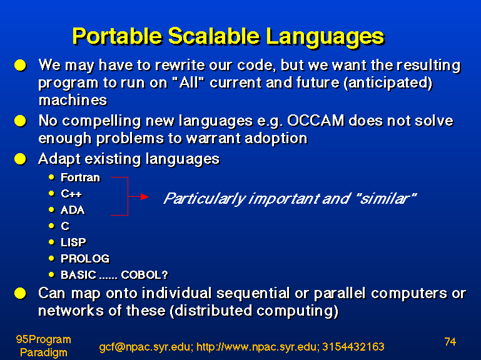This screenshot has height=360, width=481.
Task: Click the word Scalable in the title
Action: tap(214, 36)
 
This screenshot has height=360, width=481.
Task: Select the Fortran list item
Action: tap(80, 177)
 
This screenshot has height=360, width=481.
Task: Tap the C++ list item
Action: tap(71, 194)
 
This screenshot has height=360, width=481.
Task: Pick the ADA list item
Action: tap(73, 210)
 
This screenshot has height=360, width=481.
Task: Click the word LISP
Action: tap(73, 242)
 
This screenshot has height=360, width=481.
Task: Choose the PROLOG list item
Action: tap(85, 259)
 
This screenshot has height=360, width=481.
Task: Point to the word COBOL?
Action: tap(144, 275)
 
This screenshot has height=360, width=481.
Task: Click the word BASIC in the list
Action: tap(79, 275)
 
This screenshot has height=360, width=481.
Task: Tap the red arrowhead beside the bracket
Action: tap(144, 196)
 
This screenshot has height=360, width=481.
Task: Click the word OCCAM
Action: tap(316, 121)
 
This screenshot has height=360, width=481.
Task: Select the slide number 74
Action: tap(450, 342)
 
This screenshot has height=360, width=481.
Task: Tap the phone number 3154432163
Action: tap(353, 346)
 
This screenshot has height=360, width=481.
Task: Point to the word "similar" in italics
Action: tap(387, 198)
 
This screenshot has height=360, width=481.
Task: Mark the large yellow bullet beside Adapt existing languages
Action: tap(20, 159)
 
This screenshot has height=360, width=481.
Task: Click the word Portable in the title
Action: tap(117, 36)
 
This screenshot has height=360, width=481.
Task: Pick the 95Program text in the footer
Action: tap(44, 339)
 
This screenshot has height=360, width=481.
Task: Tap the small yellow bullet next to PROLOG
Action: tap(51, 258)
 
